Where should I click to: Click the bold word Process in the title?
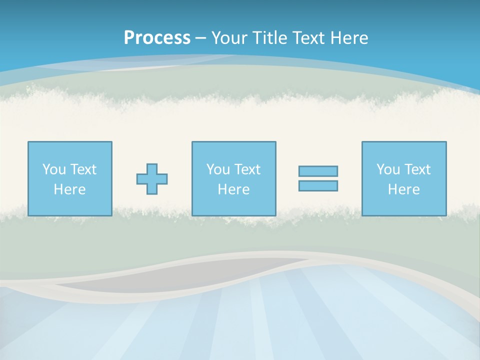157,37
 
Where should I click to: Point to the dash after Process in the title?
201,38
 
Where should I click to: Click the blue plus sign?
152,179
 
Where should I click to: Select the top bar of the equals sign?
318,171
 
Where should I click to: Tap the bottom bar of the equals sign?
318,185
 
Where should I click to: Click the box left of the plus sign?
69,178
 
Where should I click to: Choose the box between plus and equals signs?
233,178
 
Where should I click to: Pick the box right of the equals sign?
403,178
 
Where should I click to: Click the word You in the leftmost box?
54,169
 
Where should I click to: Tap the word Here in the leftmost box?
69,189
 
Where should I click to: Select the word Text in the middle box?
247,169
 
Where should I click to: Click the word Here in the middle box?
233,189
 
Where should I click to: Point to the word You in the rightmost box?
388,169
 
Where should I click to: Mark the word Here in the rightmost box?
403,189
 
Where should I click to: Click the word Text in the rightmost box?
417,169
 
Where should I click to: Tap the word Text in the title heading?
308,37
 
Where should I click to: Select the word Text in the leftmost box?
83,169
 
